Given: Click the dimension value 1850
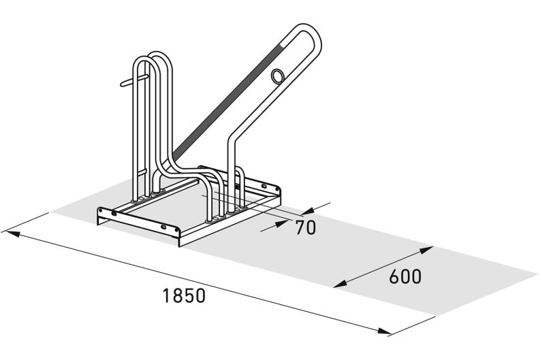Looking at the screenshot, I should (184, 297).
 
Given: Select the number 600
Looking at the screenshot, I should (406, 277).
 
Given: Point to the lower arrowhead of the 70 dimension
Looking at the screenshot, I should (281, 225).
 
